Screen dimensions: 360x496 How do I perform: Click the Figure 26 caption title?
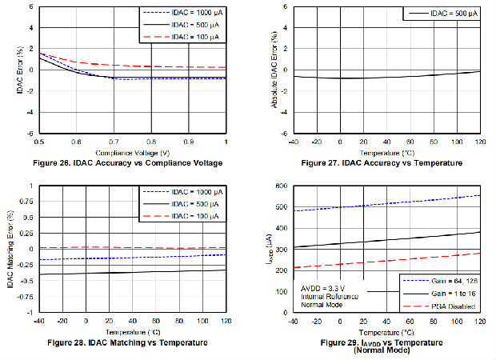point(131,163)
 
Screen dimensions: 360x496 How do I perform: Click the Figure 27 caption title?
point(382,163)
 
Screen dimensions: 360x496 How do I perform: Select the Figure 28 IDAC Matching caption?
point(130,342)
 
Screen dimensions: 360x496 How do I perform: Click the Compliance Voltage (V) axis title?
point(132,152)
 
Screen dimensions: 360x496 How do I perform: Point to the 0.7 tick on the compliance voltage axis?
point(114,142)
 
